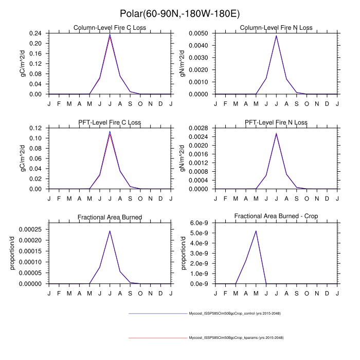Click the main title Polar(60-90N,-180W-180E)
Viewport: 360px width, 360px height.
click(x=179, y=13)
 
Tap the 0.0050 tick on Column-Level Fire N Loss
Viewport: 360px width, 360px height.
click(x=198, y=33)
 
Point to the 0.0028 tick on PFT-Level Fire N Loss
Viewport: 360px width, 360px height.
click(x=198, y=128)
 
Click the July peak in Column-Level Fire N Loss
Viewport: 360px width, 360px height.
click(x=276, y=35)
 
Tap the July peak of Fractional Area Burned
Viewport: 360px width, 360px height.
click(x=110, y=230)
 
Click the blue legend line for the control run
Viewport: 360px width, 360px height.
click(x=157, y=313)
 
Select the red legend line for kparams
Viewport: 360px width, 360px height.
click(x=157, y=338)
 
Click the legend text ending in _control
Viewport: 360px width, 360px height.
click(x=235, y=313)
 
